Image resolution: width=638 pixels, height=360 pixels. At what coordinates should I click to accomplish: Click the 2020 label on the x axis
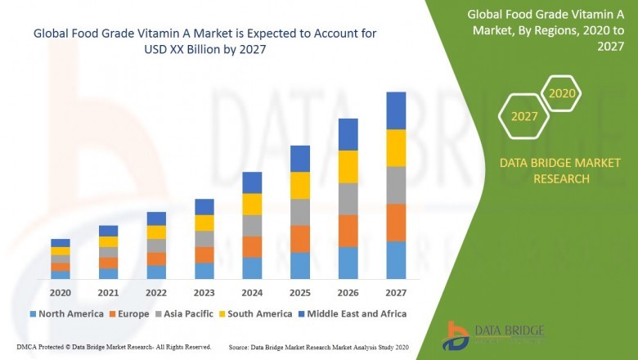point(60,292)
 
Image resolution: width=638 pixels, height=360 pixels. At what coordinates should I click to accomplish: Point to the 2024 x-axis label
point(252,292)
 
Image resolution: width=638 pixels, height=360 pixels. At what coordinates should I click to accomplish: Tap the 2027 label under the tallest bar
point(396,292)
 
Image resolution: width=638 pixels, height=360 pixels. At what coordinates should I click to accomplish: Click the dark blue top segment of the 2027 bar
point(396,110)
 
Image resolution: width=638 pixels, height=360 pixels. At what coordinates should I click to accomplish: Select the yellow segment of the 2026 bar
point(348,167)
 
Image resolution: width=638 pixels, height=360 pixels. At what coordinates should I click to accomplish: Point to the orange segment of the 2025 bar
point(300,238)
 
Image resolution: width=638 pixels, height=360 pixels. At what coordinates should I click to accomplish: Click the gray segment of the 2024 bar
point(252,225)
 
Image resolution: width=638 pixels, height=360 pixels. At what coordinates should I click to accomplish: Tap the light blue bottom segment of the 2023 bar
point(204,271)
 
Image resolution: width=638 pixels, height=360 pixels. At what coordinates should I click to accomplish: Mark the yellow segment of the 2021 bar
point(108,241)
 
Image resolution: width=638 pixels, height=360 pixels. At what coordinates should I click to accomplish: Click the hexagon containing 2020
point(562,93)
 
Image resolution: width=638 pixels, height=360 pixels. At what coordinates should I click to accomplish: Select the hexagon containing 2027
point(524,116)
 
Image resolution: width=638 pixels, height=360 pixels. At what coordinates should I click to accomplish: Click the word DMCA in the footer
point(27,347)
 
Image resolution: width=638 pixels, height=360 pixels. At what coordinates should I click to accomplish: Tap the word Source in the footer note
point(243,347)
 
